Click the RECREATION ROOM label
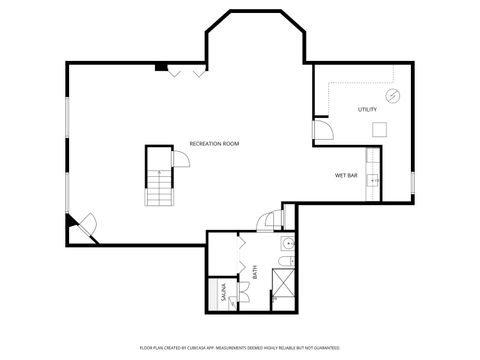214,143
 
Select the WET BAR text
346,175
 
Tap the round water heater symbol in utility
393,97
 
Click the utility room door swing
322,130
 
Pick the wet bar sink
372,179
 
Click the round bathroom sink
288,243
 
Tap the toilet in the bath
286,262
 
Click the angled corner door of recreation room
83,225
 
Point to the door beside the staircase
180,161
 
